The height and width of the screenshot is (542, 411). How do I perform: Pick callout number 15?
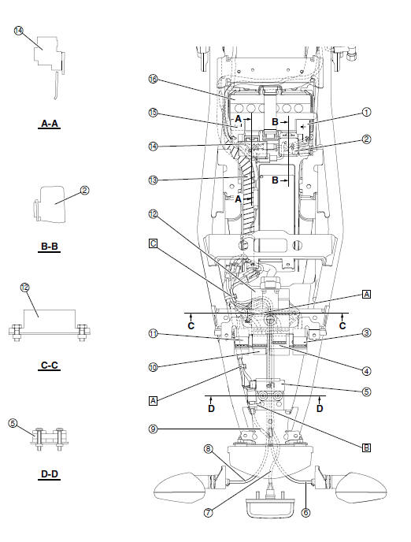point(153,113)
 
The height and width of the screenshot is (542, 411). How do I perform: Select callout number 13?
point(153,180)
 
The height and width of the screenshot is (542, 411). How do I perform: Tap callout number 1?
point(366,112)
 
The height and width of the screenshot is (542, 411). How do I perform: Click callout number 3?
point(366,333)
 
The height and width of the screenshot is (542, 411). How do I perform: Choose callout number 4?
point(366,369)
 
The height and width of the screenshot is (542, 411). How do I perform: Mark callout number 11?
point(153,334)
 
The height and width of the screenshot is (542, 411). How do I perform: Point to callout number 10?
point(153,366)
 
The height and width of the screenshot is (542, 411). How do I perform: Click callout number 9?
point(153,429)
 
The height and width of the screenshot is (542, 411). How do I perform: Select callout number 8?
point(208,449)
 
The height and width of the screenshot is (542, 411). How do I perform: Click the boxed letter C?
point(154,243)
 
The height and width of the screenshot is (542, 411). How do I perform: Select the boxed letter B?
point(366,447)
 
